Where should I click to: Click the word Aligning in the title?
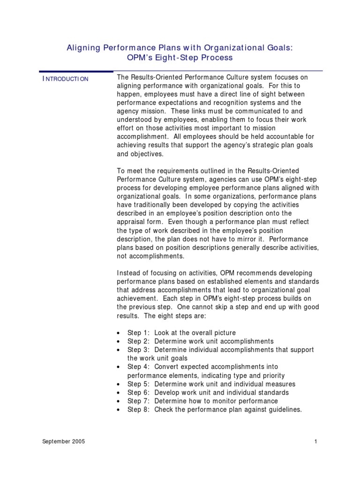(82, 47)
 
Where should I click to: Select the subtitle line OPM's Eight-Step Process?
(180, 58)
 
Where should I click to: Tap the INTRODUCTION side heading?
(65, 79)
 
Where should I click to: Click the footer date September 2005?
(64, 442)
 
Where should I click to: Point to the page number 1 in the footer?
(316, 442)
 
